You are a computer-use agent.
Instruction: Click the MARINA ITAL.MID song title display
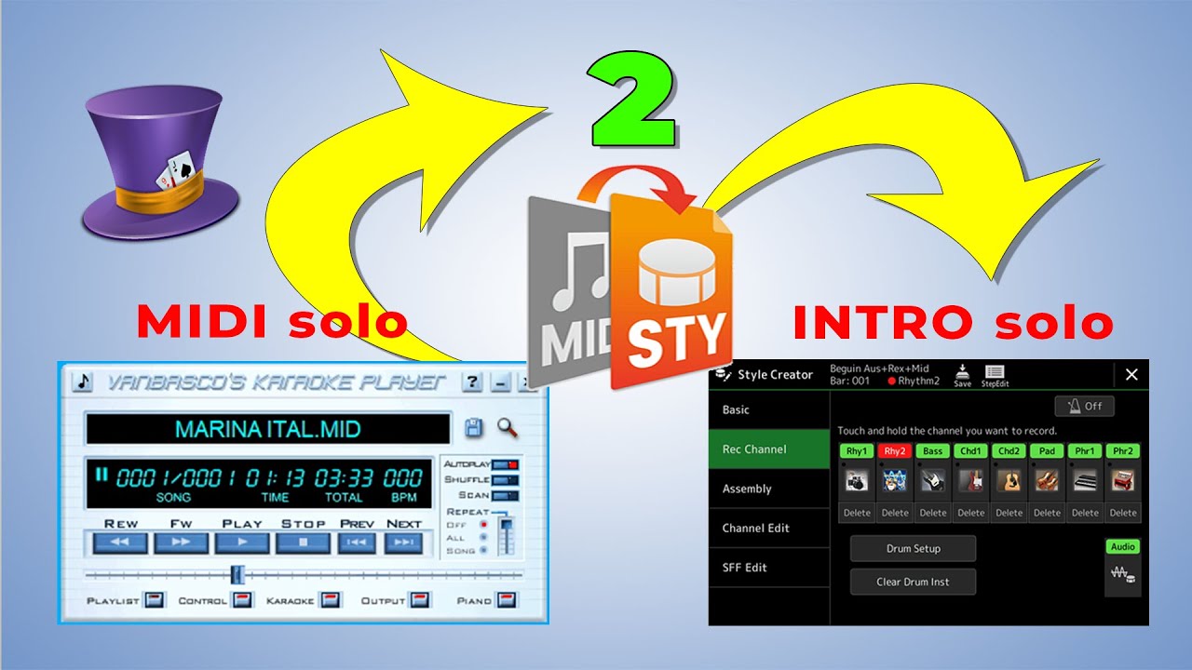[268, 429]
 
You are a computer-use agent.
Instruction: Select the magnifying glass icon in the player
[508, 428]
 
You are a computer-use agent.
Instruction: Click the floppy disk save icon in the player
[474, 428]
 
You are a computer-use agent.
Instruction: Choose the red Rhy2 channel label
[895, 451]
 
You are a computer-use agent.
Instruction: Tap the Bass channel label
[932, 451]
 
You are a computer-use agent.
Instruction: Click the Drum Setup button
[913, 549]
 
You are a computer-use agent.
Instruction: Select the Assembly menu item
[747, 489]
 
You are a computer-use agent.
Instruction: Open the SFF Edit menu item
[745, 568]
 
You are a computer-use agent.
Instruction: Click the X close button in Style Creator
[1131, 374]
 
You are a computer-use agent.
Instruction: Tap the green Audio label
[1123, 547]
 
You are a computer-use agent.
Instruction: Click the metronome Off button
[1084, 407]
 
